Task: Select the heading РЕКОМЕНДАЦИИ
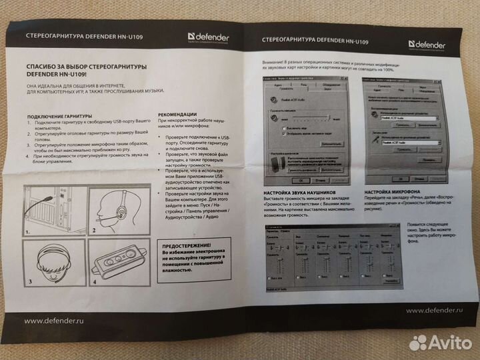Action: [x=181, y=113]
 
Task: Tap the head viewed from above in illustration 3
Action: [x=47, y=263]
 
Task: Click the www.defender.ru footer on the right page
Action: [x=434, y=310]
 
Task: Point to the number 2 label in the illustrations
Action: [x=93, y=229]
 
